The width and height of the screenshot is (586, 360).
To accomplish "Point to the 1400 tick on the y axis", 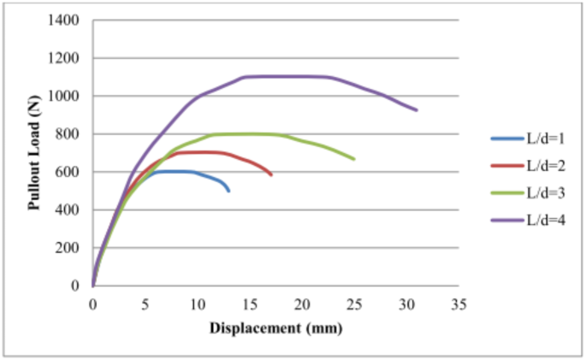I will click(x=69, y=21).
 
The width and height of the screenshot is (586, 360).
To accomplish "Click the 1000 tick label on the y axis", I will click(x=69, y=97).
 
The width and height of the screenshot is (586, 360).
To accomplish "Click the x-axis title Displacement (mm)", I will click(x=276, y=327).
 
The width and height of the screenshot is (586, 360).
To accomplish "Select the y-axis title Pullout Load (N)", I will click(x=35, y=153).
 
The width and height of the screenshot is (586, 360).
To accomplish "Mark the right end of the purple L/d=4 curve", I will click(x=417, y=110).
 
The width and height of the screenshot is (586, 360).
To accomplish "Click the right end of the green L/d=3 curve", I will click(x=354, y=159).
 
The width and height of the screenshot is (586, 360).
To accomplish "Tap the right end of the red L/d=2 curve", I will click(x=271, y=175).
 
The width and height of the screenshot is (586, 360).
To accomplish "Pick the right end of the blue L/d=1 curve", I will click(x=228, y=191).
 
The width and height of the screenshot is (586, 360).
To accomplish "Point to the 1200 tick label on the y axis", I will click(x=69, y=58).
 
